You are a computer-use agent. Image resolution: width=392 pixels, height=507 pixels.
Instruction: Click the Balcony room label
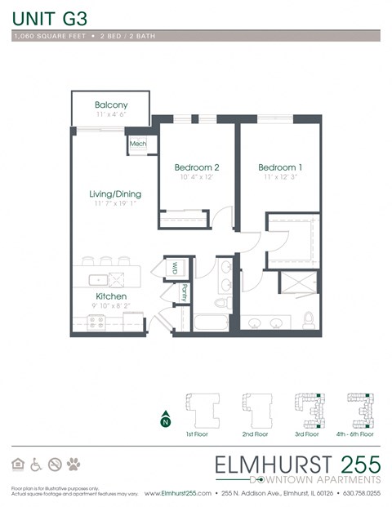coord(110,105)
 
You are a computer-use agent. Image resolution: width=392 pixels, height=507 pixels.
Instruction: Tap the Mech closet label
coord(137,145)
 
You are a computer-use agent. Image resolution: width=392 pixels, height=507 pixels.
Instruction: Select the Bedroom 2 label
coord(197,167)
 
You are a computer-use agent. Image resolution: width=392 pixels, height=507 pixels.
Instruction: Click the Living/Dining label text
coord(115,194)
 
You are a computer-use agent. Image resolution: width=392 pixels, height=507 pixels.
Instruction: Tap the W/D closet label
coord(175,267)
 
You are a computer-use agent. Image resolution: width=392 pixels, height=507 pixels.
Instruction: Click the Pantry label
coord(185,292)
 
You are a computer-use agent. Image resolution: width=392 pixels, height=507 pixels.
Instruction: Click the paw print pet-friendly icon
coord(74,464)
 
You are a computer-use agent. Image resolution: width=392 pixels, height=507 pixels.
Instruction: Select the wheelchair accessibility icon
coord(36,464)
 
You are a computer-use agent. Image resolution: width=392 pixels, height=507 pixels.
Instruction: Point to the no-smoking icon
coord(55,464)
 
